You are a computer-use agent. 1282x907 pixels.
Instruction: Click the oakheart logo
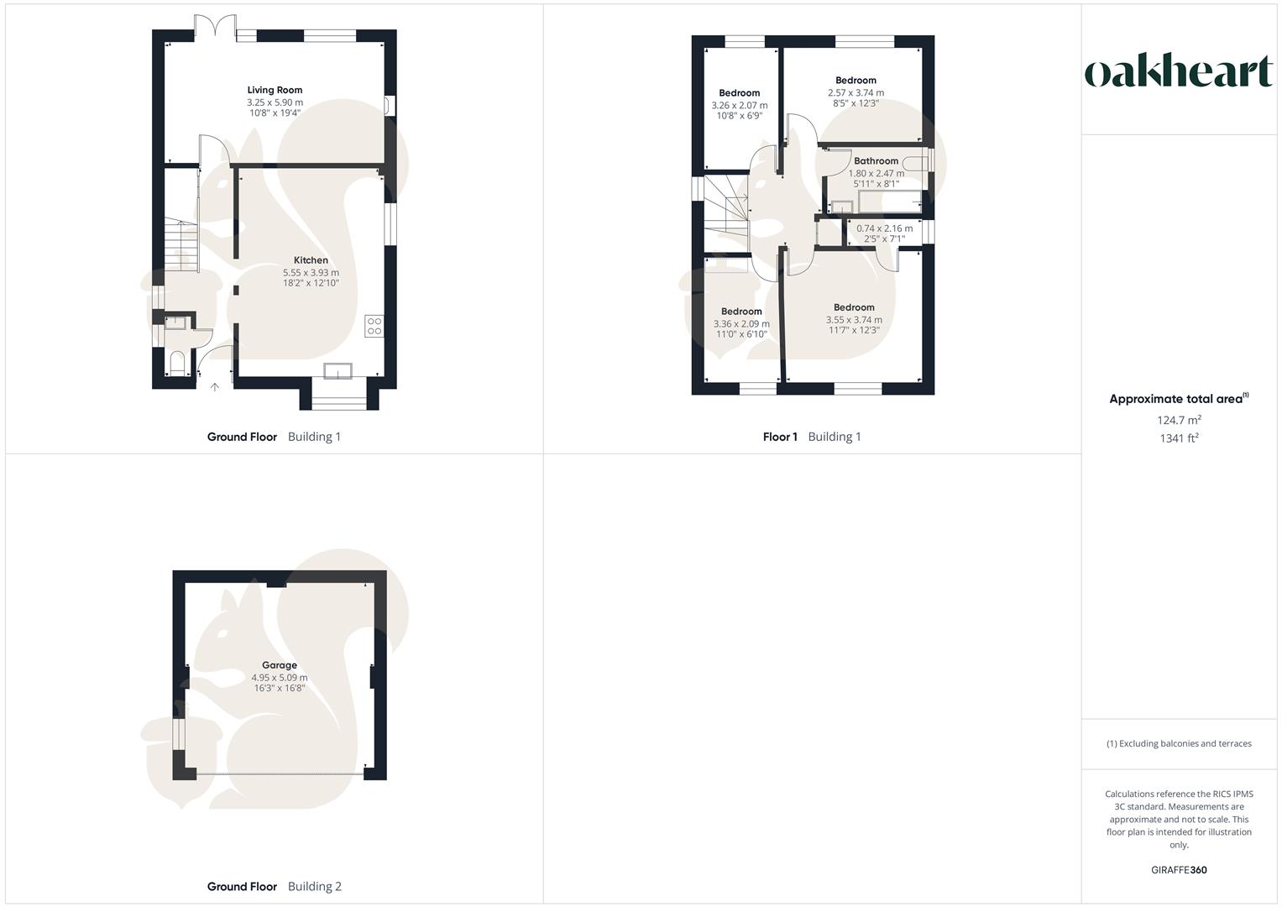(1179, 72)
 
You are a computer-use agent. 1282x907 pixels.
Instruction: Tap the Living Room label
(275, 90)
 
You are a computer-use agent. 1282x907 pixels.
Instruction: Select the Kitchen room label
(311, 260)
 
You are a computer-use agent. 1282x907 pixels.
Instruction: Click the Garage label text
(280, 665)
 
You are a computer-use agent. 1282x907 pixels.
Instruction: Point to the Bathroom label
(876, 161)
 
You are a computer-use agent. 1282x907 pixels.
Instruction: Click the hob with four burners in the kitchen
(374, 327)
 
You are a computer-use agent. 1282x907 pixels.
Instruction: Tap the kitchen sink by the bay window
(339, 372)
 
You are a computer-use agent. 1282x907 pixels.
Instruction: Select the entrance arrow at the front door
(214, 387)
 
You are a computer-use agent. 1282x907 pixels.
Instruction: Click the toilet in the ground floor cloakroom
(176, 364)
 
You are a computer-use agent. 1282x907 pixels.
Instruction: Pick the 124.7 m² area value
(1179, 420)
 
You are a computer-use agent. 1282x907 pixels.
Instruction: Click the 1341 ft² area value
(1179, 438)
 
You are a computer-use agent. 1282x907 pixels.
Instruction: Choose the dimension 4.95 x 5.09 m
(280, 678)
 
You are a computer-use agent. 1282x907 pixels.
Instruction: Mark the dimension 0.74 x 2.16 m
(884, 228)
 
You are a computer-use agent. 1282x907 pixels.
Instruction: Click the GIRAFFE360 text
(1179, 870)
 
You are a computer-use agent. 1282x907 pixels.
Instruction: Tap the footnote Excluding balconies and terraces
(1179, 744)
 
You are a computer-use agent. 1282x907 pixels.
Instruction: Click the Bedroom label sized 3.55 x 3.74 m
(854, 307)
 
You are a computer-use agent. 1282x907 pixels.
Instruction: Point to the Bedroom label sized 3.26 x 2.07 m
(739, 93)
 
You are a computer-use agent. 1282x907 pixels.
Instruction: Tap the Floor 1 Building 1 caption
(811, 437)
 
